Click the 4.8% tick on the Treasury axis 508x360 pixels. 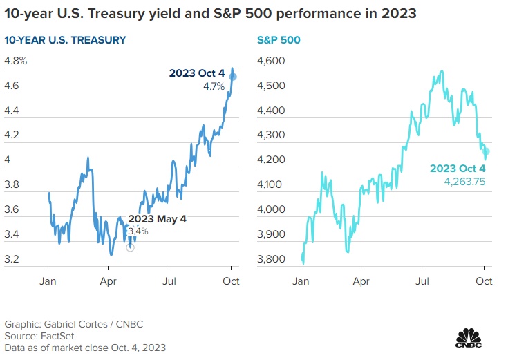click(16, 61)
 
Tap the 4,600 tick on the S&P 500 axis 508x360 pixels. click(271, 61)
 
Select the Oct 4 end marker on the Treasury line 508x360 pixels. click(234, 76)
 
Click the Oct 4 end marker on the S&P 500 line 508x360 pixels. click(487, 151)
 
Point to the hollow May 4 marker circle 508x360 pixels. click(131, 247)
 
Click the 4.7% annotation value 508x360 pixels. click(215, 86)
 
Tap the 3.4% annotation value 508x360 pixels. click(138, 231)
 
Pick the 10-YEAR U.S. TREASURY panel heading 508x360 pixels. click(66, 40)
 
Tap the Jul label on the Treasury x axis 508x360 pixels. click(170, 281)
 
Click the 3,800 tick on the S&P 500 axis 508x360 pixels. click(271, 259)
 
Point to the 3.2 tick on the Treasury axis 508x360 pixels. click(12, 259)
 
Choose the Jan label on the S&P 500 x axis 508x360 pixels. click(301, 281)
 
